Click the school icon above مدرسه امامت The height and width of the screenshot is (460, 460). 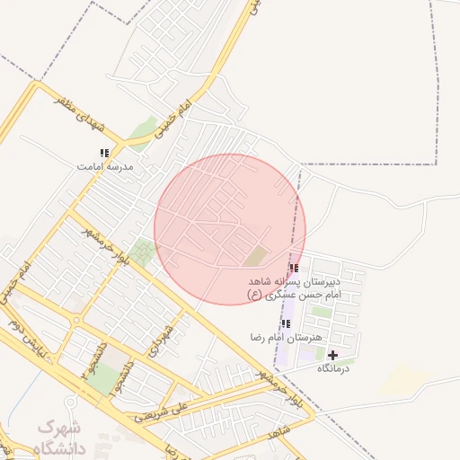point(104,154)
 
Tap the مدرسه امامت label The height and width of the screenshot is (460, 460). point(105,167)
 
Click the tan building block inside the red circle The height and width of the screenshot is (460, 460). point(256,256)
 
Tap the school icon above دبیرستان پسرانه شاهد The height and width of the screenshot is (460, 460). point(294,268)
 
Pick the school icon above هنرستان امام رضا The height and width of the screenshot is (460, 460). point(286,323)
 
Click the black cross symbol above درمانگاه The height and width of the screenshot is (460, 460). point(332,356)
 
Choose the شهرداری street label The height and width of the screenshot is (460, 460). point(162,338)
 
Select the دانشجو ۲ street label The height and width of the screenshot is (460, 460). point(120,378)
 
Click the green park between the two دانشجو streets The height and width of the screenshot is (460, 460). point(104,377)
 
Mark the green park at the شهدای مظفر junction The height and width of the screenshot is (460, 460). point(141,133)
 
